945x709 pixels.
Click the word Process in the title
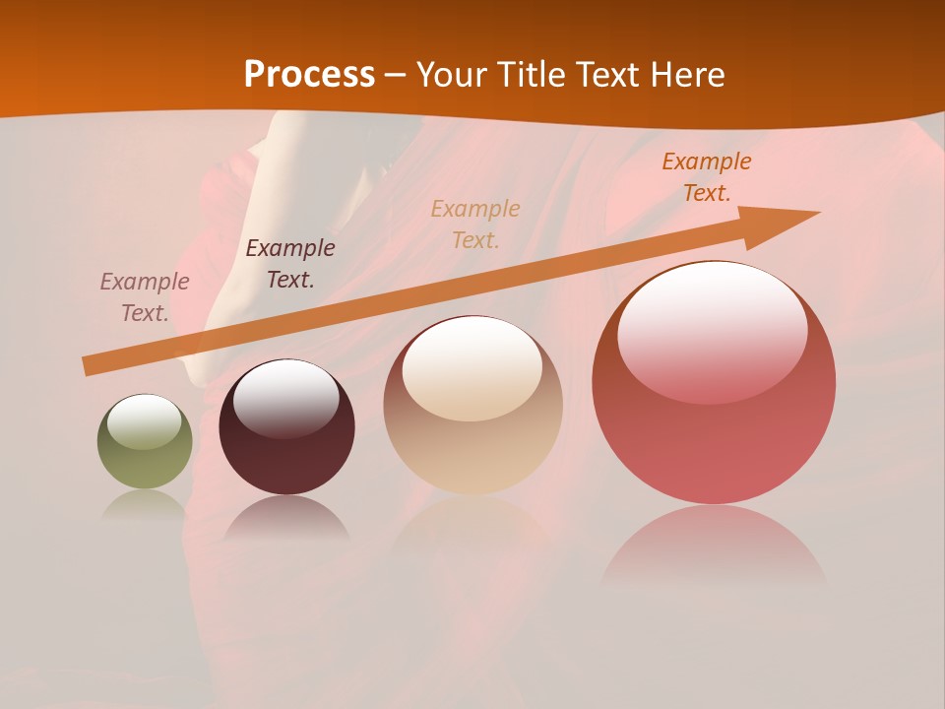pyautogui.click(x=309, y=75)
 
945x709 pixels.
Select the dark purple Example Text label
pyautogui.click(x=290, y=264)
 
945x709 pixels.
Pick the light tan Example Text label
pyautogui.click(x=475, y=224)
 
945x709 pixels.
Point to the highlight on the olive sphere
pyautogui.click(x=144, y=421)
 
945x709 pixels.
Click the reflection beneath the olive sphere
pyautogui.click(x=145, y=504)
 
